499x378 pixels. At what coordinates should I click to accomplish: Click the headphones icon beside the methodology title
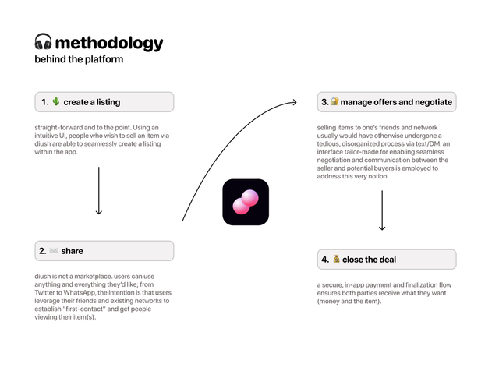tap(43, 43)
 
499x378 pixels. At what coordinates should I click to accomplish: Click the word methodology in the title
tap(109, 43)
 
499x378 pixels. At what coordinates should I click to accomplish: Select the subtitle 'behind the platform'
tap(79, 59)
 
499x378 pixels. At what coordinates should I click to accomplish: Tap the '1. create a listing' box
tap(104, 102)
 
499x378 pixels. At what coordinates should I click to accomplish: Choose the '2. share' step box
tap(104, 251)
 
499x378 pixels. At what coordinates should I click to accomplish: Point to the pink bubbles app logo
tap(246, 203)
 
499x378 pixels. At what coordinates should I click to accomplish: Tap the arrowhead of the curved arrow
tap(294, 101)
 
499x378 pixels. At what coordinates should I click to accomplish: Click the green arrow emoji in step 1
tap(55, 102)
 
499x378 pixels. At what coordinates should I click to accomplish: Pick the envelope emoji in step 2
tap(53, 251)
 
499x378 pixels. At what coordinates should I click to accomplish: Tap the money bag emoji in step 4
tap(336, 260)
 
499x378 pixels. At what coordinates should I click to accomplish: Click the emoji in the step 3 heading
tap(334, 102)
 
